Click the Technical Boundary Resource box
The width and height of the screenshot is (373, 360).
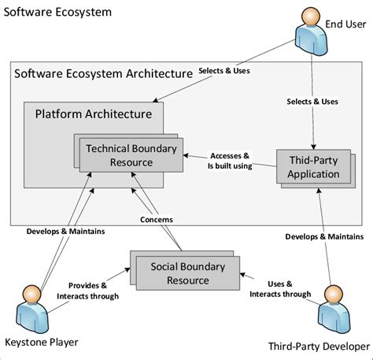(130, 154)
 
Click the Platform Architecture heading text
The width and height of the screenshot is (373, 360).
(93, 114)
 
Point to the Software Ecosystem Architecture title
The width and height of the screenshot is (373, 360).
(103, 73)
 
